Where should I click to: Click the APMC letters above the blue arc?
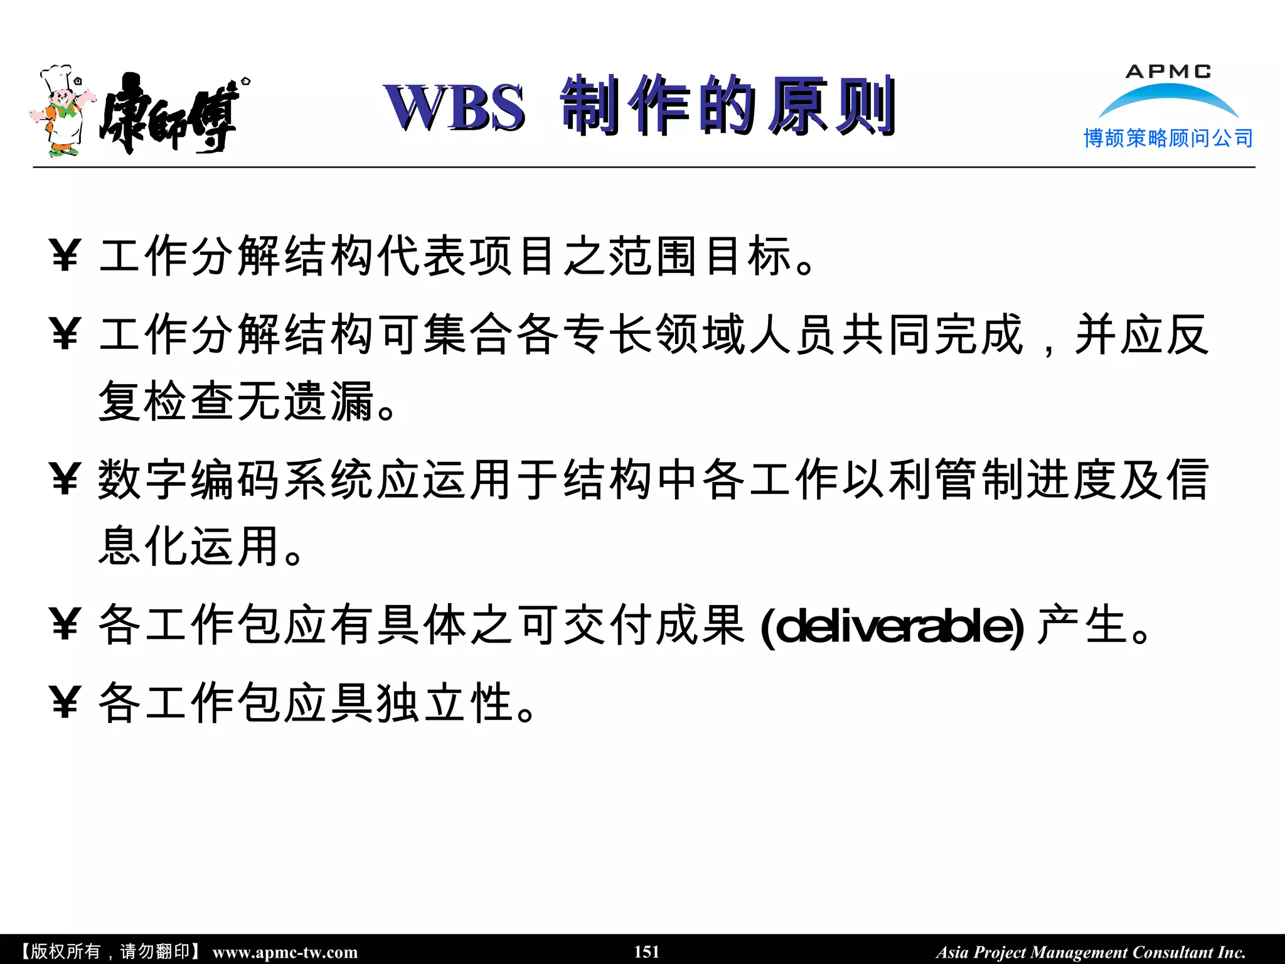coord(1168,72)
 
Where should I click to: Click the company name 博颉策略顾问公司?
coord(1168,138)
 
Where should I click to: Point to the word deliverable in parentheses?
coord(892,626)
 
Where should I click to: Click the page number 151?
coord(646,951)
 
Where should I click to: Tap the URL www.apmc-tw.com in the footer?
coord(285,952)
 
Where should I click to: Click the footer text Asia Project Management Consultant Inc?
coord(1090,952)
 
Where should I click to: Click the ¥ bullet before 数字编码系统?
coord(65,480)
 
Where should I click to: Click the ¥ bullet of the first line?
coord(65,256)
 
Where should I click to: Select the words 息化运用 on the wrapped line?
coord(188,546)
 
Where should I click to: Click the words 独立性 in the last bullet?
coord(445,703)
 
